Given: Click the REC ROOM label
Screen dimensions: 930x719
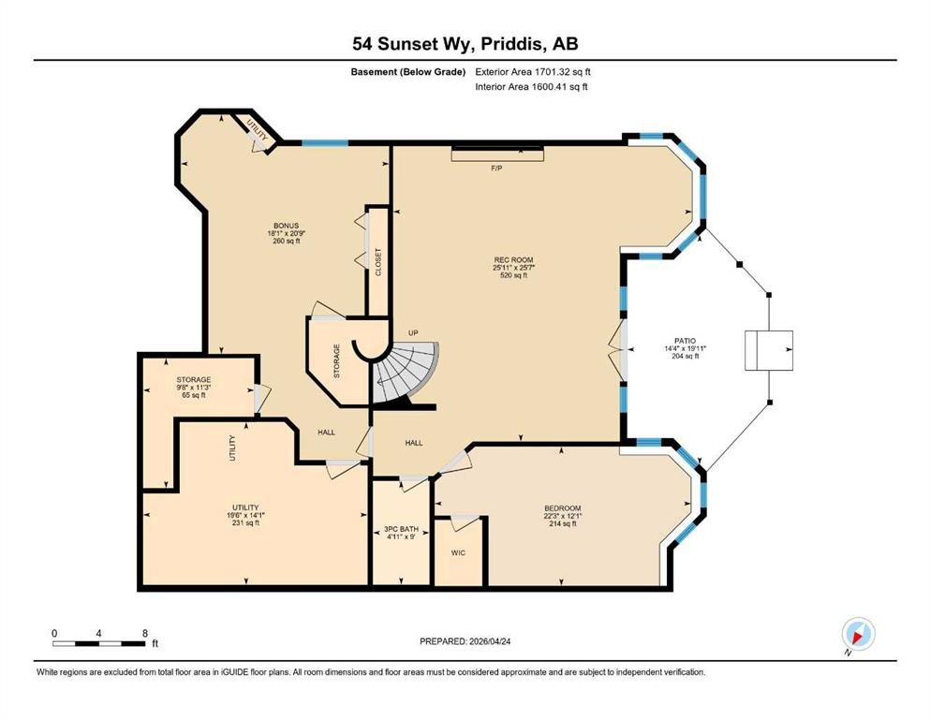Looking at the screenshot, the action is click(x=513, y=259).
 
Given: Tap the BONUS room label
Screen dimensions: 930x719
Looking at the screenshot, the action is click(x=286, y=226).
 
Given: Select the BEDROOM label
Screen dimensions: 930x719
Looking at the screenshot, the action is click(x=563, y=508).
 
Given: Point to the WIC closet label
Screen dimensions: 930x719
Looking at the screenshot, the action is click(x=458, y=553).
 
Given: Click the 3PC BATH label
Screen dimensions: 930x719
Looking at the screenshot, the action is click(x=401, y=529).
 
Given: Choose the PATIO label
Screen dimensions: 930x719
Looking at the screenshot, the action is click(x=685, y=341).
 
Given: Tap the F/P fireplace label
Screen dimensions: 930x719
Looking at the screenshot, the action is click(x=496, y=169).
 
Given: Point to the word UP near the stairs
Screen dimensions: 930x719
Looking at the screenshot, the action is click(x=413, y=333).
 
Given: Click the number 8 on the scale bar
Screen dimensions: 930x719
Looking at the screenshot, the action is click(x=145, y=633).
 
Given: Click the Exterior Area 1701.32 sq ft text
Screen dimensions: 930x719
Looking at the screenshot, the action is click(x=533, y=72).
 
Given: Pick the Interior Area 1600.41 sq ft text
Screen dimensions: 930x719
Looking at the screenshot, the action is click(x=531, y=87).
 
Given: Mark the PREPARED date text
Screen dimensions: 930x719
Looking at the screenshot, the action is click(x=465, y=641).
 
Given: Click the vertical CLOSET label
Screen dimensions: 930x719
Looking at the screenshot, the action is click(x=378, y=262).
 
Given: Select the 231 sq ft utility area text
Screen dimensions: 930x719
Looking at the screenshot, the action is click(x=245, y=523).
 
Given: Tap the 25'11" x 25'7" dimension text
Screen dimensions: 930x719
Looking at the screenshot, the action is click(x=513, y=268).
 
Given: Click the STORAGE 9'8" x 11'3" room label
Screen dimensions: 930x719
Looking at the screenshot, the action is click(x=193, y=387).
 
